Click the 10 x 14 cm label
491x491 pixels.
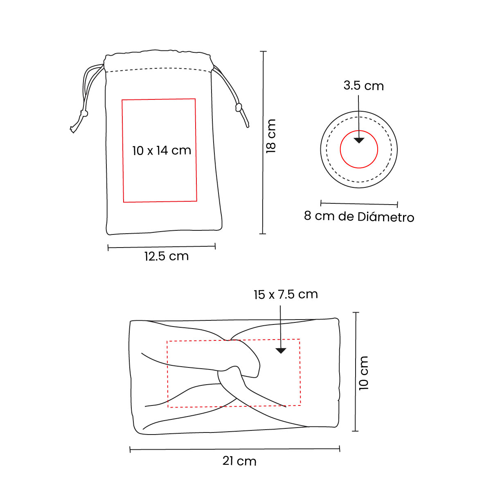click(162, 150)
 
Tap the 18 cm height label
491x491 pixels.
click(270, 136)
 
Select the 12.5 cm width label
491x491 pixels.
click(167, 256)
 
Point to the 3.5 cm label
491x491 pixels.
click(363, 86)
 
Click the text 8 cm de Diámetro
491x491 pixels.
click(359, 216)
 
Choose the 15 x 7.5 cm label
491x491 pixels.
click(286, 295)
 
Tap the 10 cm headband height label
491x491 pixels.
click(363, 373)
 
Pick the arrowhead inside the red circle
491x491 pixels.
click(359, 140)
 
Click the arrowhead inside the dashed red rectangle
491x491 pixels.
click(281, 351)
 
